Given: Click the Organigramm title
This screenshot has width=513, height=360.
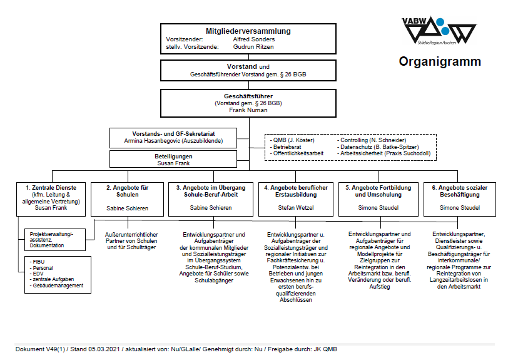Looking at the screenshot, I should click(440, 61).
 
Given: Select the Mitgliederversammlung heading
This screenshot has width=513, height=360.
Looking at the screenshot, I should click(248, 31).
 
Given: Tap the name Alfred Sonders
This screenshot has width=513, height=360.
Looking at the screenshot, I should click(253, 39).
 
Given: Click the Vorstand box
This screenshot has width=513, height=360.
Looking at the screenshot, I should click(248, 70).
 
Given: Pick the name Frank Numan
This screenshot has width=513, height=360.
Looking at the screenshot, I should click(248, 110).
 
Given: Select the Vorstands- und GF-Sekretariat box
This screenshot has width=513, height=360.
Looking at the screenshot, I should click(174, 137).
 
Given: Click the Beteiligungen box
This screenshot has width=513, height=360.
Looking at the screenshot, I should click(174, 159).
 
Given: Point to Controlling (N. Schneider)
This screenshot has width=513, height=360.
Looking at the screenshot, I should click(373, 140).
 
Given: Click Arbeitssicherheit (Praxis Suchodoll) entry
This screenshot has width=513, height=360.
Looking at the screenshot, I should click(385, 153).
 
